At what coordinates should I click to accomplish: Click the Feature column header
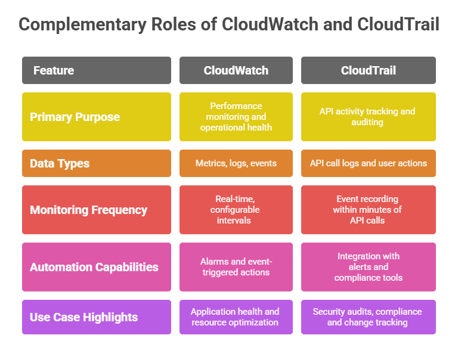click(x=96, y=70)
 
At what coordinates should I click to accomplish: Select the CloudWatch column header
click(x=236, y=70)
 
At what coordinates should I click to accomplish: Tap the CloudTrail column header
click(x=368, y=70)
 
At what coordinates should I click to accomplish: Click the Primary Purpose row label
click(x=96, y=117)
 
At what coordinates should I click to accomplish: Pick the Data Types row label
click(x=96, y=163)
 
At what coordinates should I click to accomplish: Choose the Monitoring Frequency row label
click(x=96, y=210)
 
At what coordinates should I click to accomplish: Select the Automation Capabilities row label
click(x=96, y=266)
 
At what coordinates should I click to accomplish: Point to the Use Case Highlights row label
click(x=96, y=317)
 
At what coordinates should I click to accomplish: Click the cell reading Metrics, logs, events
click(x=236, y=163)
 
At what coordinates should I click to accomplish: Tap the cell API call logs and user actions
click(x=368, y=163)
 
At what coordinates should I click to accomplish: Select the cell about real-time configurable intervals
click(x=236, y=210)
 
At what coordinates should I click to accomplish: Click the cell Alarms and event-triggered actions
click(x=236, y=266)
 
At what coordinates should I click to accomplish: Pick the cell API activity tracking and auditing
click(x=368, y=117)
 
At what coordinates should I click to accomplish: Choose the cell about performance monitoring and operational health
click(x=236, y=117)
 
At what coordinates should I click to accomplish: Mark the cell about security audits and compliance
click(x=368, y=317)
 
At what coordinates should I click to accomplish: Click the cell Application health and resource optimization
click(x=236, y=317)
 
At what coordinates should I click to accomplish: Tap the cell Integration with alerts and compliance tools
click(x=368, y=266)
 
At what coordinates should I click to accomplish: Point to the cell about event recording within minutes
click(x=368, y=210)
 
